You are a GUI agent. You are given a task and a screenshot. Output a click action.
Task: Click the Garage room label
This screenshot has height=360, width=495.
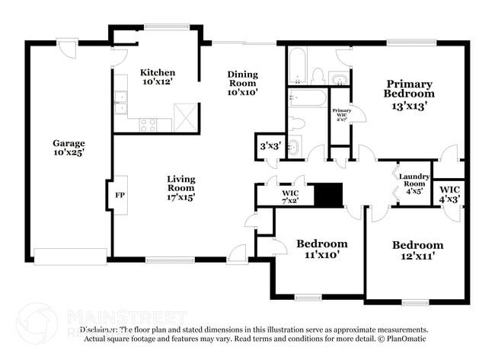[x=68, y=147]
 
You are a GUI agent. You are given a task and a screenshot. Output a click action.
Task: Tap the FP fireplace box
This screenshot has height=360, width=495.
[x=120, y=195]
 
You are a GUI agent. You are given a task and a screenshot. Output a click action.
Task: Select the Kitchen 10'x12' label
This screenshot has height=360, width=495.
[x=158, y=77]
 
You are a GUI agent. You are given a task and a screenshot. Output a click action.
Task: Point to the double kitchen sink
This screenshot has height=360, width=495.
[x=120, y=102]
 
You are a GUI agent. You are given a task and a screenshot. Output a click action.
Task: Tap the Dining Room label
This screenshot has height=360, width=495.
[x=243, y=83]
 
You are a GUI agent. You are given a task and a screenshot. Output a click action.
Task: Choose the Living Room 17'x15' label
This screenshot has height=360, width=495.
[x=181, y=188]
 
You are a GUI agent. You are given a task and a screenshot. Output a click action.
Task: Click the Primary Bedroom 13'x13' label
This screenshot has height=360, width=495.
[x=409, y=94]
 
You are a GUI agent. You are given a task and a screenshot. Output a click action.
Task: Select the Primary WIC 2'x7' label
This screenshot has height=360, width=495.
[x=340, y=114]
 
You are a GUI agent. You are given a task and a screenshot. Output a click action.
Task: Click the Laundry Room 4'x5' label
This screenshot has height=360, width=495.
[x=414, y=183]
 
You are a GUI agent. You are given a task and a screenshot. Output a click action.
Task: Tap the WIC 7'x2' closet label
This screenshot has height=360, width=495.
[x=289, y=196]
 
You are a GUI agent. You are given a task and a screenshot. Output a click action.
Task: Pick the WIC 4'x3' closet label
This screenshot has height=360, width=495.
[x=449, y=193]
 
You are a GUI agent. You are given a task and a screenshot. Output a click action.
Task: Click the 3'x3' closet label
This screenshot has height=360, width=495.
[x=270, y=145]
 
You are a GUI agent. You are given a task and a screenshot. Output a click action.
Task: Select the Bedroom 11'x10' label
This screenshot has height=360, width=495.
[x=321, y=249]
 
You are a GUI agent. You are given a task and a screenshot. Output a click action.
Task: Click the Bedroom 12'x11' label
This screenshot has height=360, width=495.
[x=417, y=250]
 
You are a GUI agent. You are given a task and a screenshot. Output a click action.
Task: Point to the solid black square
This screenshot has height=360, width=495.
[x=329, y=195]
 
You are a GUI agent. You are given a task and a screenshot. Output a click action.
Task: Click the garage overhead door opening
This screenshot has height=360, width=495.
[x=70, y=256]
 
